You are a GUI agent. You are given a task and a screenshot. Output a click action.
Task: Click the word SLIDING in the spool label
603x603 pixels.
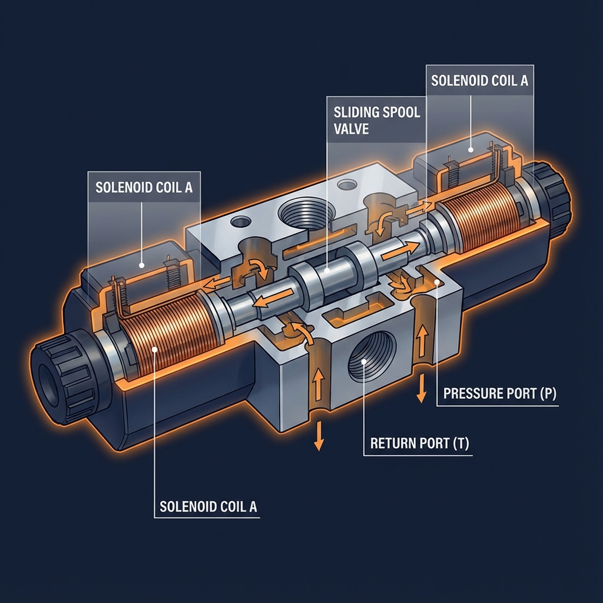354,112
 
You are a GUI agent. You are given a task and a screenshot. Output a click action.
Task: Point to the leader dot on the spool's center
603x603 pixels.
327,270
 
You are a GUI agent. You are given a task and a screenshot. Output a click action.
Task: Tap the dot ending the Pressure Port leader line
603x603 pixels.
436,284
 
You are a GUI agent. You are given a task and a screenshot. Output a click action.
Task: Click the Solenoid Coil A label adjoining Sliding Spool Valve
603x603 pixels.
479,81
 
